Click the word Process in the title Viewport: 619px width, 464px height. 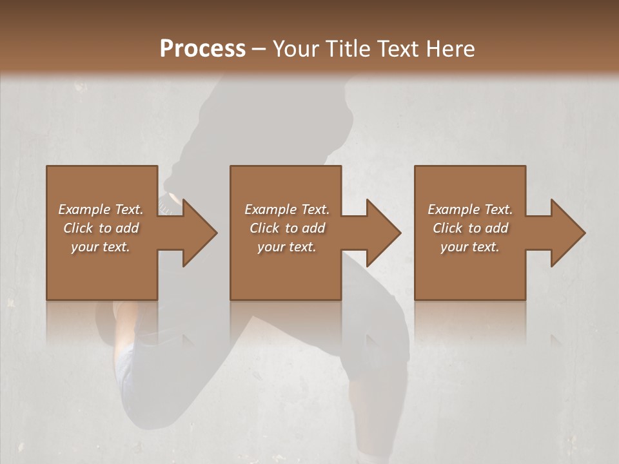pos(202,49)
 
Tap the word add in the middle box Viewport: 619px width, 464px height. pos(313,228)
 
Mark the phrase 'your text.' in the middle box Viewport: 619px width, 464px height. pos(286,247)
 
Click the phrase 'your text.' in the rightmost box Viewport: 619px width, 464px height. pos(469,247)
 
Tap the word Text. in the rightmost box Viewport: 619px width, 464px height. pos(498,209)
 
